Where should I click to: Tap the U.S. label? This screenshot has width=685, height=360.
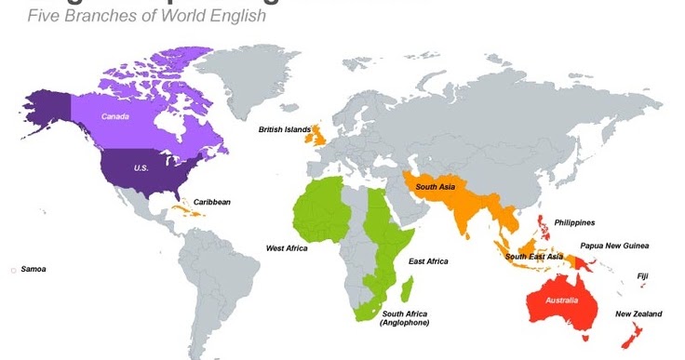[141, 167]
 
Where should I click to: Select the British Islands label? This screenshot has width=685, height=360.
[285, 130]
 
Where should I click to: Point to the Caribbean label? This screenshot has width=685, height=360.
[211, 202]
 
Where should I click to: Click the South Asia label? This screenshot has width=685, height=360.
[435, 187]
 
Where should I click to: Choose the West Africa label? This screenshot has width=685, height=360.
[287, 248]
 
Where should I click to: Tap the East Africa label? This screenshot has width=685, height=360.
[428, 261]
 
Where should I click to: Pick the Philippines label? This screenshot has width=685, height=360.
[574, 222]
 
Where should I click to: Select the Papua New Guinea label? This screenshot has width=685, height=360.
[614, 246]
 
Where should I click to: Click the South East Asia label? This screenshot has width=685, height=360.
[533, 257]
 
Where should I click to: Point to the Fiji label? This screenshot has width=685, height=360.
[643, 275]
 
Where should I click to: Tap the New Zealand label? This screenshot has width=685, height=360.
[638, 314]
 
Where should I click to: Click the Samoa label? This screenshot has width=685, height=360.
[33, 269]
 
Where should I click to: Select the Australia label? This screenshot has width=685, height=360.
[559, 300]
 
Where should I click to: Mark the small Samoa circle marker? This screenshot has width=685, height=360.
[13, 270]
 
